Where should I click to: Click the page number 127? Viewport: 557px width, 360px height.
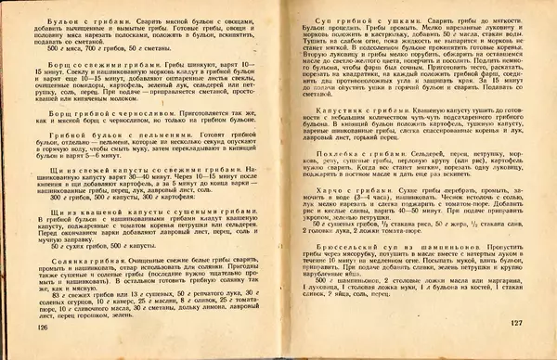pos(518,322)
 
